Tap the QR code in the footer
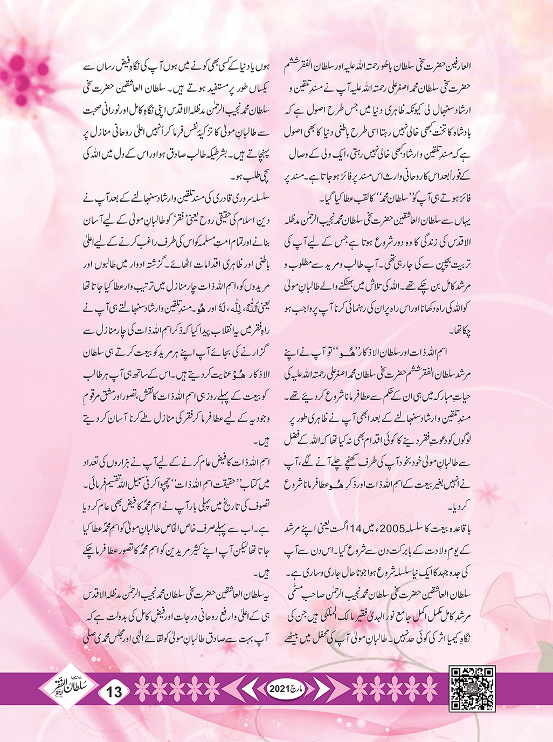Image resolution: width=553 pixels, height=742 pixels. click(x=472, y=689)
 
